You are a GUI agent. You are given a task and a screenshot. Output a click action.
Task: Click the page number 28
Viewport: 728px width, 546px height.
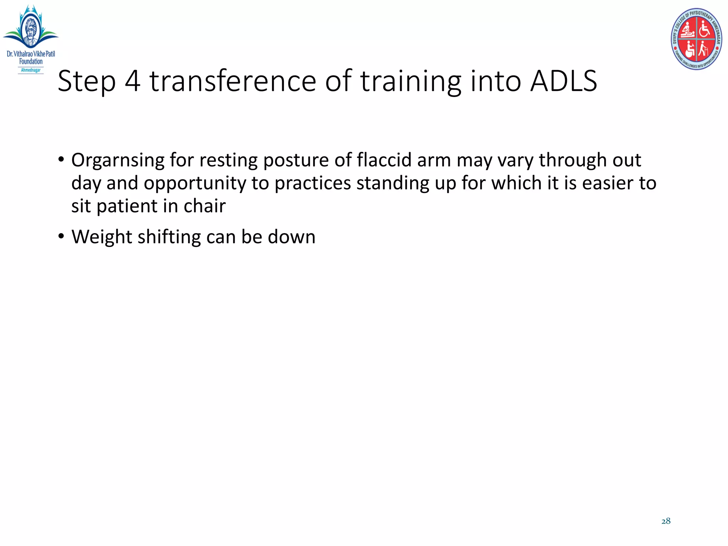coord(666,521)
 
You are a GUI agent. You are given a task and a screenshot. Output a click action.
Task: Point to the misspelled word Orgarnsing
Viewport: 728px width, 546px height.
coord(118,160)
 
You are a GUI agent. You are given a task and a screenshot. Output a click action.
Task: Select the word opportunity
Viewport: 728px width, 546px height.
coord(195,183)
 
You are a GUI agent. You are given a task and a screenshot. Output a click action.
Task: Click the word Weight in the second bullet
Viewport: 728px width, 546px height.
coord(101,237)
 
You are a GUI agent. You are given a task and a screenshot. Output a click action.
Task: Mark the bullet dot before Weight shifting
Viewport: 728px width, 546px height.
coord(61,236)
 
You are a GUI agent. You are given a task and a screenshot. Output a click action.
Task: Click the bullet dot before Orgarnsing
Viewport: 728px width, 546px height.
coord(61,159)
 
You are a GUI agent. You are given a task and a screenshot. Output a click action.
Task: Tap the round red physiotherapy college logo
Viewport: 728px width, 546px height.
coord(696,39)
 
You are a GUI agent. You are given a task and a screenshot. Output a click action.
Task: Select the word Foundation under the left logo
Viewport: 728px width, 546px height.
coord(31,61)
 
